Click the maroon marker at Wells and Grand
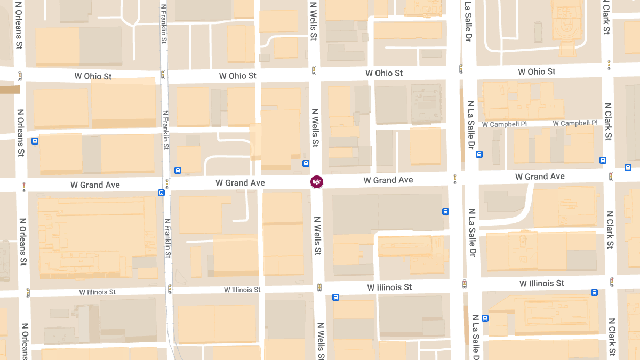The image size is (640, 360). click(317, 182)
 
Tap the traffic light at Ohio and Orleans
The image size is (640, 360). click(20, 76)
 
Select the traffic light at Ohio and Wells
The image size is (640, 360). click(314, 70)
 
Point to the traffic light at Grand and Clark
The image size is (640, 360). click(611, 177)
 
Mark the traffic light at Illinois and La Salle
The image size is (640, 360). click(465, 284)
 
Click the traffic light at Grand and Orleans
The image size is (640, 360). click(24, 187)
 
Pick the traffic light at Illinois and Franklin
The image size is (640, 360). click(170, 289)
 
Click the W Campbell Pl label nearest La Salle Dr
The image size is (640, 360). click(504, 124)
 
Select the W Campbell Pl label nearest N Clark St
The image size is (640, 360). click(575, 123)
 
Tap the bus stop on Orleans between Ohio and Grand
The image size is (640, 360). click(35, 141)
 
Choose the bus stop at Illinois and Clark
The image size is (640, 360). click(594, 292)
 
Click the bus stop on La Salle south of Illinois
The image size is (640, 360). click(485, 318)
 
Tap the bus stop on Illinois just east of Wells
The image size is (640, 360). click(335, 297)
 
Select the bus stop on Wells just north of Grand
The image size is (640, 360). click(306, 163)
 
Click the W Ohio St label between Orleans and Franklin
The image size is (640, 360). click(93, 76)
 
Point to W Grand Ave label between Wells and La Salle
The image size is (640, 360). click(388, 180)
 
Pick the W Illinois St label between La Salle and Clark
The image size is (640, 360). click(541, 283)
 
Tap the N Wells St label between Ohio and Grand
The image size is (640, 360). click(315, 128)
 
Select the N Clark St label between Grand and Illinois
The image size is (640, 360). click(610, 230)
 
